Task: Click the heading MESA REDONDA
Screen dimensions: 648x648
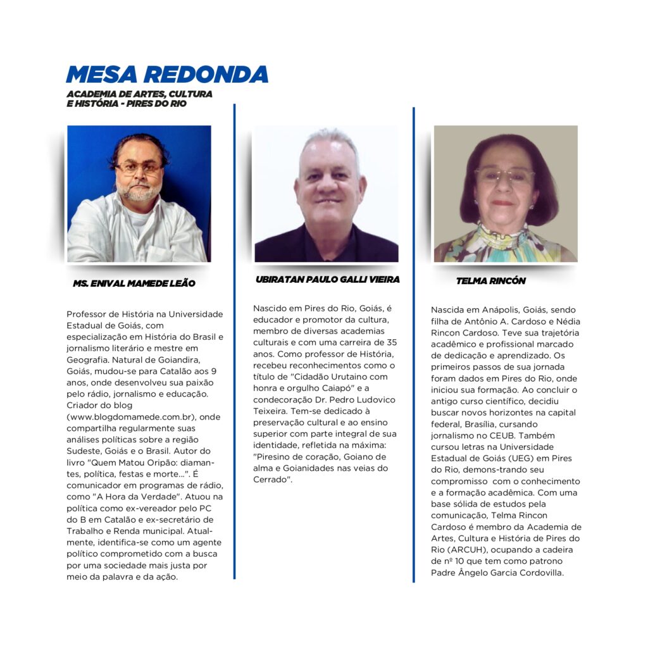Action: (x=167, y=75)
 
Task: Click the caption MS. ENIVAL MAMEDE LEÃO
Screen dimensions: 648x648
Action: (x=134, y=283)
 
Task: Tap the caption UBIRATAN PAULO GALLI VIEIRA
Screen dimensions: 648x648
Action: (x=327, y=279)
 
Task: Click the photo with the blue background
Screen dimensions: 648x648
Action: (x=139, y=193)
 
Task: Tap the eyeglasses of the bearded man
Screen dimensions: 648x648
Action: (x=138, y=168)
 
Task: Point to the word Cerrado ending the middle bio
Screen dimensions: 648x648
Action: (x=271, y=480)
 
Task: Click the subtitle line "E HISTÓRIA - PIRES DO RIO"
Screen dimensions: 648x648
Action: (x=127, y=104)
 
